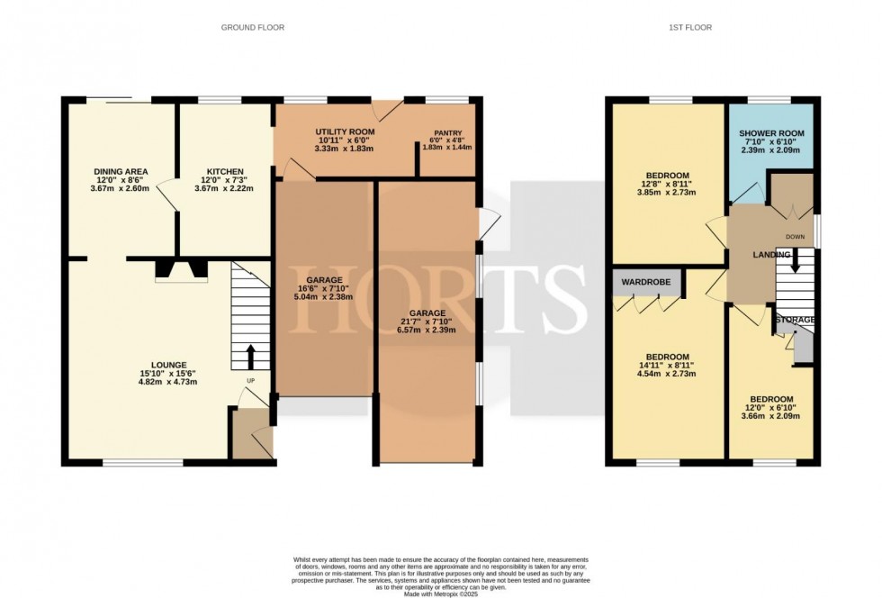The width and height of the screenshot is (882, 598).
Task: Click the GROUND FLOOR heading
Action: pos(253,28)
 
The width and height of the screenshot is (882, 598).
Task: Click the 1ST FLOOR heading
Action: pos(690,28)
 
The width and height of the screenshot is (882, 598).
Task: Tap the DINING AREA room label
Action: pos(121,171)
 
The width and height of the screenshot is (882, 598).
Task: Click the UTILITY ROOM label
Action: pos(345,132)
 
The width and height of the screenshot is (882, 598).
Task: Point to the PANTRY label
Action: pos(446,132)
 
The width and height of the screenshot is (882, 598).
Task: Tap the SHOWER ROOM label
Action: pos(770,133)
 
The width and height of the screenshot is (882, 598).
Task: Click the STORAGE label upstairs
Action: pos(796,320)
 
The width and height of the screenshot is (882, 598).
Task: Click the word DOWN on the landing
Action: pos(795,237)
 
